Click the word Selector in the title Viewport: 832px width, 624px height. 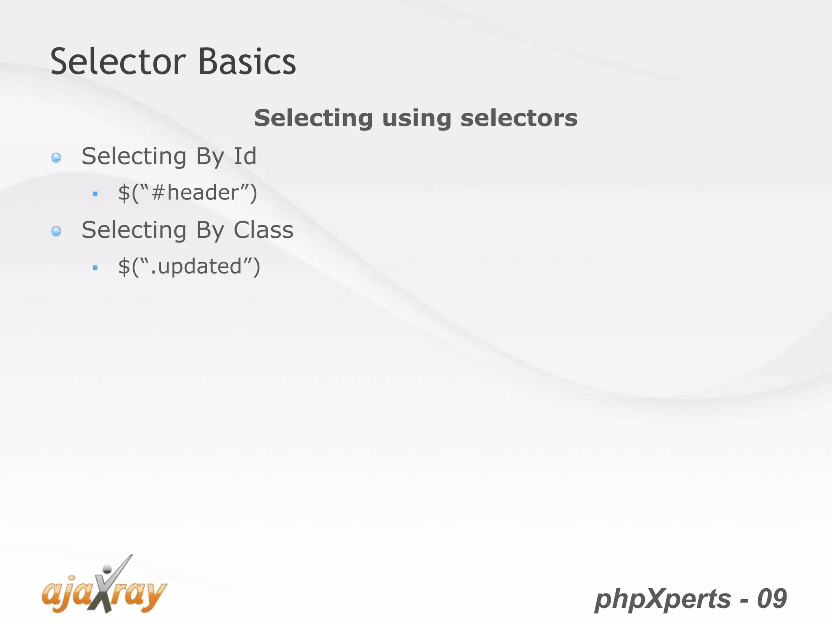pos(118,62)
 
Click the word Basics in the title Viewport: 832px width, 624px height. pos(247,62)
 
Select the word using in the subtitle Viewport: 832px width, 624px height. pos(416,118)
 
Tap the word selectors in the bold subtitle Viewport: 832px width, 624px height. pos(519,118)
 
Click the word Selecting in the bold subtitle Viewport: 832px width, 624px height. pos(313,118)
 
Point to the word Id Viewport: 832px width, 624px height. pos(245,156)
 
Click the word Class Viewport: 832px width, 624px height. pos(263,230)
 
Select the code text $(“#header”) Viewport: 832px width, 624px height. pos(188,193)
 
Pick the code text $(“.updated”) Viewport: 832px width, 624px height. pos(189,266)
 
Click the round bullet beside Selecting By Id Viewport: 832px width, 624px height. pos(56,158)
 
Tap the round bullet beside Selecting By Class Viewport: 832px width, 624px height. pos(56,232)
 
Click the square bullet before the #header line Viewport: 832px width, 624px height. pos(95,194)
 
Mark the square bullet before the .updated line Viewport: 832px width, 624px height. pos(95,268)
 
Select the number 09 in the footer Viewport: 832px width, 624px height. pos(772,599)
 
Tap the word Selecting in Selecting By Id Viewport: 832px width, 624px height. pos(134,157)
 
